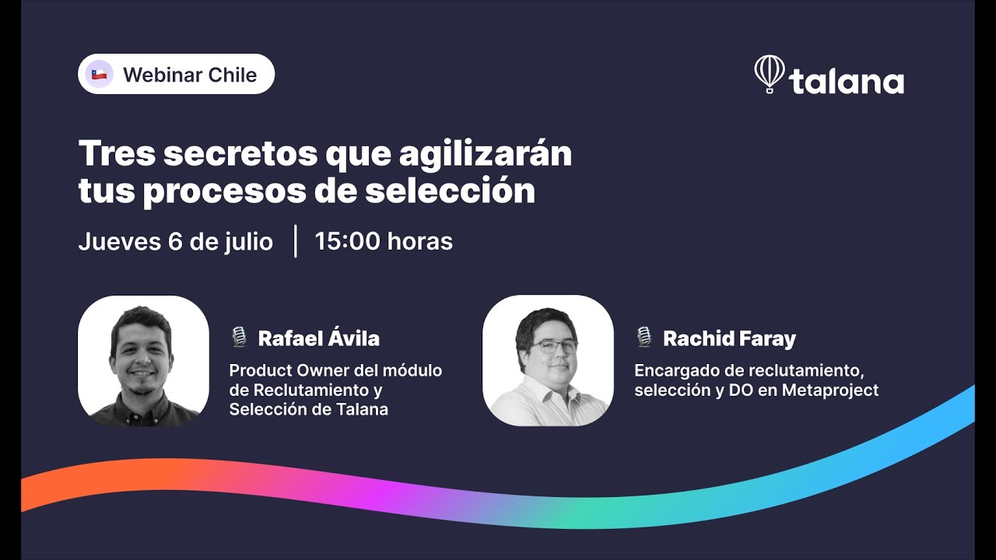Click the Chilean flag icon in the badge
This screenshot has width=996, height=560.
click(x=99, y=75)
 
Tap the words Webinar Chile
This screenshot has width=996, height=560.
click(x=190, y=75)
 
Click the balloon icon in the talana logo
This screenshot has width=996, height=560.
click(x=769, y=74)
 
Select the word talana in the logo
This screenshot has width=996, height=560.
click(x=847, y=82)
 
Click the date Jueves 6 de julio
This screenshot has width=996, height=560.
click(x=175, y=241)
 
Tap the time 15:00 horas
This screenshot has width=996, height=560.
click(x=384, y=241)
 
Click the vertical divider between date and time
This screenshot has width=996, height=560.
click(x=296, y=241)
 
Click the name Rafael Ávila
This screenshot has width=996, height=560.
click(x=318, y=338)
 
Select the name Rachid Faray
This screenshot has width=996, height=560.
click(x=729, y=338)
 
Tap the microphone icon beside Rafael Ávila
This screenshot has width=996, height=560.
click(x=239, y=338)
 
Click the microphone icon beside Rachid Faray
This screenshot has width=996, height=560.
click(x=644, y=338)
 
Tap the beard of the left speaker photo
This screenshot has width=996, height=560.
click(x=141, y=383)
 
